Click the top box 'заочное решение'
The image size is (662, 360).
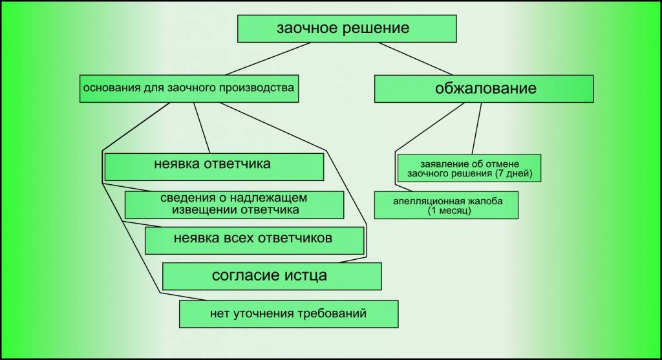point(347,28)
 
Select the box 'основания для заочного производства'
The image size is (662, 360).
point(189,89)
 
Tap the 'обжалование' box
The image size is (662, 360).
point(484,89)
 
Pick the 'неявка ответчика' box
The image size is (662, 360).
point(214,166)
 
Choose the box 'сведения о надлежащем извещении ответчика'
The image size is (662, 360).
point(233,204)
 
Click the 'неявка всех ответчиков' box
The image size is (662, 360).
point(253,240)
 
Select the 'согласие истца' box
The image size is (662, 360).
point(271,276)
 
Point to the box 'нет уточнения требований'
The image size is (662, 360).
point(288,315)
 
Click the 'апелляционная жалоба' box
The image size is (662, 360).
point(446,205)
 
